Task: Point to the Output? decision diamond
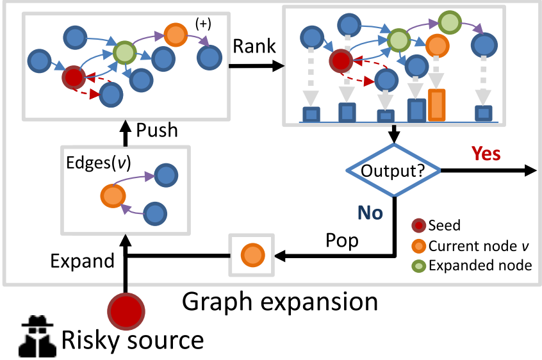[x=393, y=170]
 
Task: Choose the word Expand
[x=83, y=261]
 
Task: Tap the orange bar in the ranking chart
[x=436, y=104]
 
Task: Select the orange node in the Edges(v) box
[x=113, y=195]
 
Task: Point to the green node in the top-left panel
[x=123, y=51]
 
